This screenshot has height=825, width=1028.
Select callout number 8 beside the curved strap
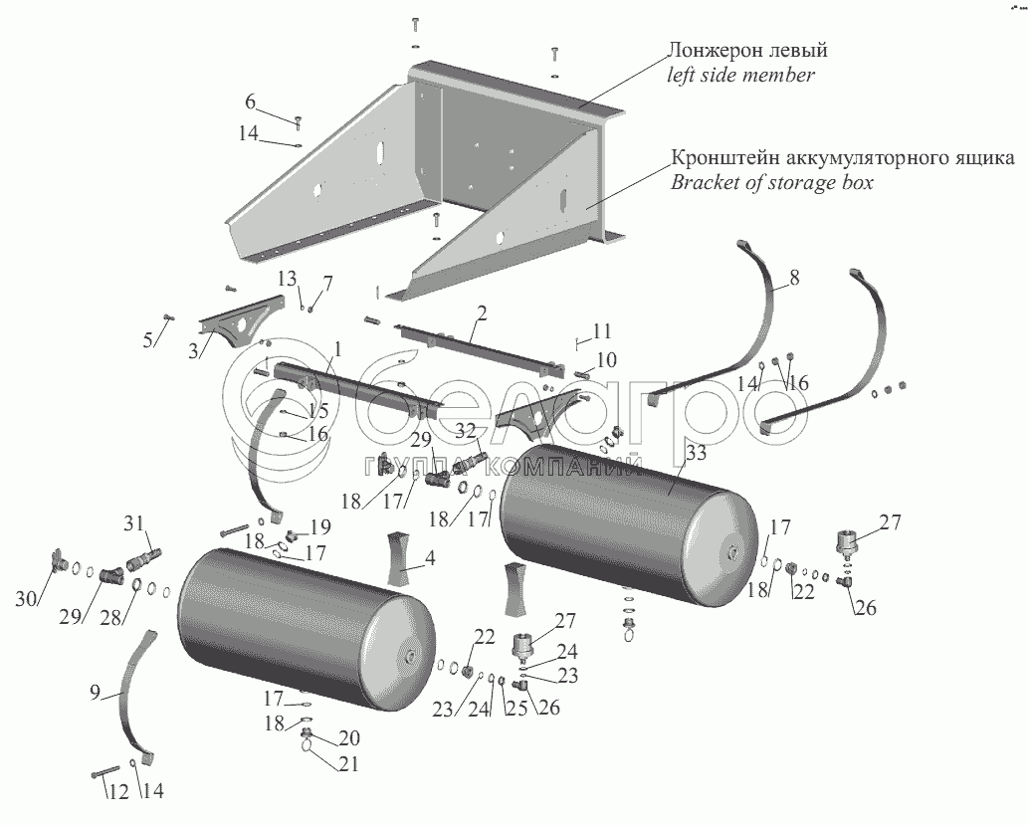pyautogui.click(x=795, y=281)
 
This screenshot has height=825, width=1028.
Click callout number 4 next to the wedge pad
pyautogui.click(x=430, y=560)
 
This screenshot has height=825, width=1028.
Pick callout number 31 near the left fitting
pyautogui.click(x=134, y=524)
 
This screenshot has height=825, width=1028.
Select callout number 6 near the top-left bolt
pyautogui.click(x=251, y=102)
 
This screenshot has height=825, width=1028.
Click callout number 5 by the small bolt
pyautogui.click(x=148, y=339)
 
